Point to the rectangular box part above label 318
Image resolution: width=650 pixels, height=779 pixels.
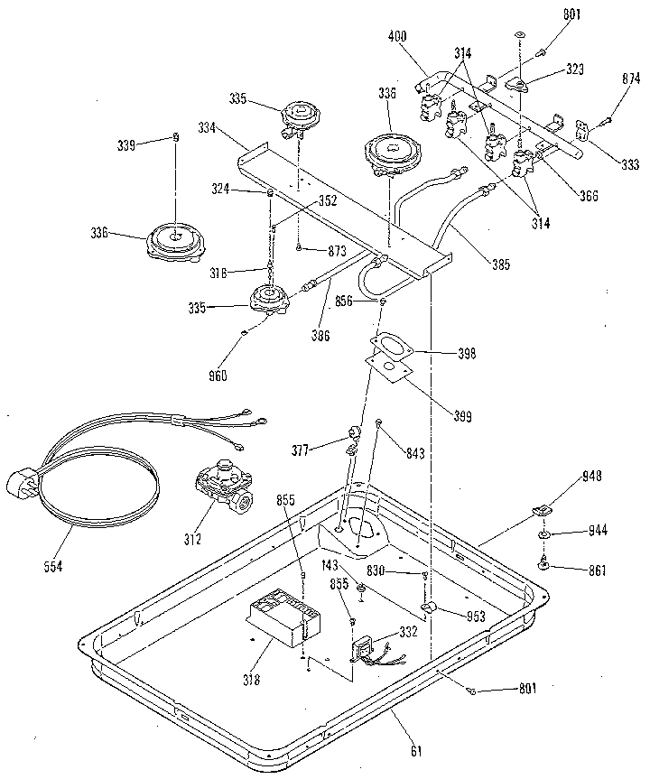point(283,617)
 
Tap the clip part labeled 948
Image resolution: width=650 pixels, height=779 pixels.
point(543,508)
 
